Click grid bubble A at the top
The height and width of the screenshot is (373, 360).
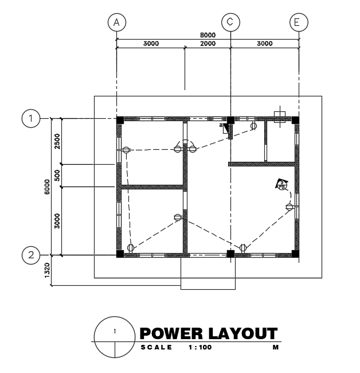click(x=116, y=22)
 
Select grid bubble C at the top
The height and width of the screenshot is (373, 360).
click(x=230, y=22)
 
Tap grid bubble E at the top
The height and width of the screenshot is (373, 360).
click(x=298, y=22)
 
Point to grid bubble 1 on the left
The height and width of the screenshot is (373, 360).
click(x=31, y=119)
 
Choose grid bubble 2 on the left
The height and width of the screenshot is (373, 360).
click(x=31, y=255)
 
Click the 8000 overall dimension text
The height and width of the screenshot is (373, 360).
click(x=207, y=35)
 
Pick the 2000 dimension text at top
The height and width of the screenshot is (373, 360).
click(x=208, y=44)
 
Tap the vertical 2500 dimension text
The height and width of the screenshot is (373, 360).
click(x=57, y=141)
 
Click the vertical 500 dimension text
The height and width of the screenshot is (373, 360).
click(x=57, y=176)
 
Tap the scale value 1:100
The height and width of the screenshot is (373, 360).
click(x=199, y=348)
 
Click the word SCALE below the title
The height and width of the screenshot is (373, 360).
click(x=156, y=348)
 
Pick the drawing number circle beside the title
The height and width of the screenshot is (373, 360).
click(x=115, y=336)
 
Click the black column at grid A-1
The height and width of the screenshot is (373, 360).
click(x=120, y=120)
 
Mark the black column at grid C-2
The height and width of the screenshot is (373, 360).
click(x=230, y=253)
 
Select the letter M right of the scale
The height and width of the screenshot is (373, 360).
click(x=275, y=348)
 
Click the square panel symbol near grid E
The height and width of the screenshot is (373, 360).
click(x=280, y=119)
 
